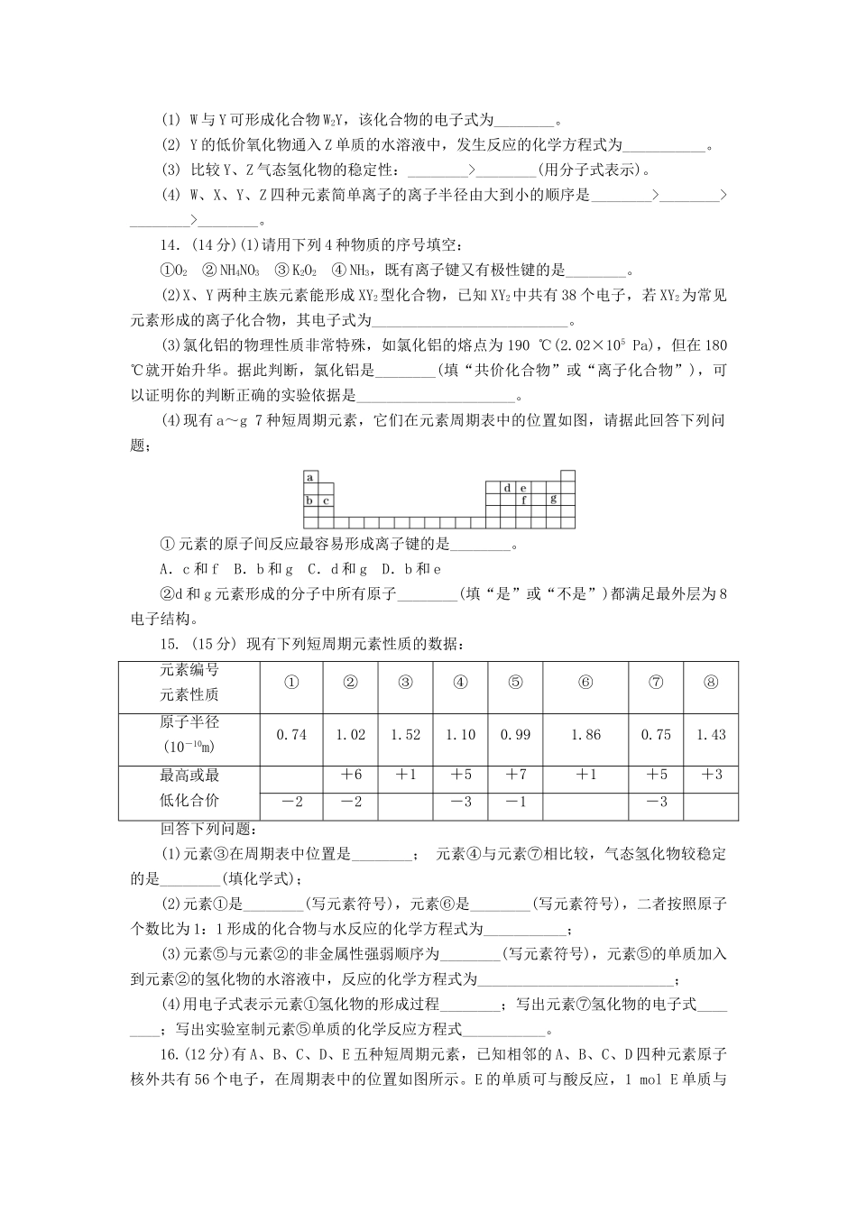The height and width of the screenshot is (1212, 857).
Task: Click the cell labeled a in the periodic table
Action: click(x=310, y=477)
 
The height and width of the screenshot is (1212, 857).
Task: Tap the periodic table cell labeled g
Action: click(x=552, y=499)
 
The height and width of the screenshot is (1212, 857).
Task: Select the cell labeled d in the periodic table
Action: click(x=508, y=488)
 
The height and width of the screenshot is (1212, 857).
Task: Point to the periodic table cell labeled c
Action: click(x=325, y=500)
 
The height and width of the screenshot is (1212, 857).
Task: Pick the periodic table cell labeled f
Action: click(x=523, y=499)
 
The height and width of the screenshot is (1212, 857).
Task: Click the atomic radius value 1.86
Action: click(x=585, y=735)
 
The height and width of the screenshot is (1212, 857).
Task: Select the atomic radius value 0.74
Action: click(x=291, y=735)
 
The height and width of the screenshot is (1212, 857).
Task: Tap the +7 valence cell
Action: click(x=515, y=776)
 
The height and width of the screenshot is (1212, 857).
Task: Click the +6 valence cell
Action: click(x=350, y=776)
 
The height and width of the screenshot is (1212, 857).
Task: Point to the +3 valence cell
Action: click(x=711, y=776)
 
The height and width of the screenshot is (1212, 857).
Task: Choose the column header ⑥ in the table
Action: click(x=585, y=683)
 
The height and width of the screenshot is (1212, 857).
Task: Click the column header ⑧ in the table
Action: click(x=711, y=683)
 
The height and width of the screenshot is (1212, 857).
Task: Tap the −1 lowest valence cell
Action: click(x=515, y=802)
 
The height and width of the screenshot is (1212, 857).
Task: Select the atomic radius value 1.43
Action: click(x=711, y=735)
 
